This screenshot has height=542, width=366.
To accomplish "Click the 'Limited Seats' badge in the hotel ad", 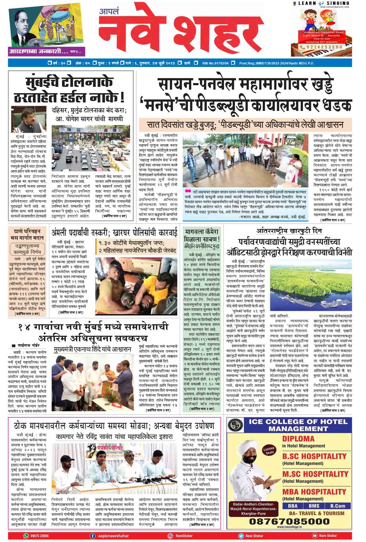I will click(x=269, y=450).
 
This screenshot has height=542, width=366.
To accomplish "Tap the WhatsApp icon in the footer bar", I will click(x=26, y=536).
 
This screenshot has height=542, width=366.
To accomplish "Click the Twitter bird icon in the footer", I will click(x=241, y=536).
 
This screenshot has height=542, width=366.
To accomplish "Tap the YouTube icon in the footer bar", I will click(x=314, y=536).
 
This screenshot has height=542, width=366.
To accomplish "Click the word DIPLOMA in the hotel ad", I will click(x=298, y=439).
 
